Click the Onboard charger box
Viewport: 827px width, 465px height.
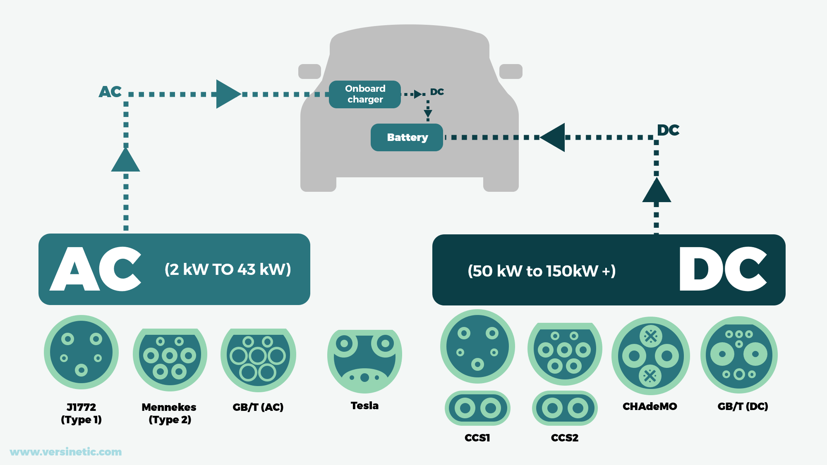pyautogui.click(x=365, y=94)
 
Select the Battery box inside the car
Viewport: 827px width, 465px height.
pyautogui.click(x=407, y=137)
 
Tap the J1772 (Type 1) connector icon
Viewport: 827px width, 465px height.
pyautogui.click(x=81, y=352)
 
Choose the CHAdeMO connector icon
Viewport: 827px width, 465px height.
pyautogui.click(x=650, y=355)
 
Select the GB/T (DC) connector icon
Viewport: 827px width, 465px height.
pyautogui.click(x=739, y=355)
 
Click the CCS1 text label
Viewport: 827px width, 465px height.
pyautogui.click(x=477, y=438)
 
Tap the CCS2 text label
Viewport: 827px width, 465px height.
pyautogui.click(x=565, y=438)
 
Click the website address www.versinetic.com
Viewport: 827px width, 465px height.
pyautogui.click(x=66, y=452)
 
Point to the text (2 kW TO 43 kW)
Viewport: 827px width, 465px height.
pyautogui.click(x=228, y=269)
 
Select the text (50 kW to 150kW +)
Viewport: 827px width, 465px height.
pyautogui.click(x=542, y=271)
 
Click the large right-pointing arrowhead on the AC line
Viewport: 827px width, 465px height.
pyautogui.click(x=228, y=94)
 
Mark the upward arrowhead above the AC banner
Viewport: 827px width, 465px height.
pyautogui.click(x=126, y=161)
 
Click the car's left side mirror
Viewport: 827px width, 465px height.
pyautogui.click(x=309, y=72)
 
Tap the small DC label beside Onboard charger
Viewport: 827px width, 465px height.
pyautogui.click(x=437, y=92)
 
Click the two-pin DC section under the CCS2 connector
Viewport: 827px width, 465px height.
pyautogui.click(x=565, y=408)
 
